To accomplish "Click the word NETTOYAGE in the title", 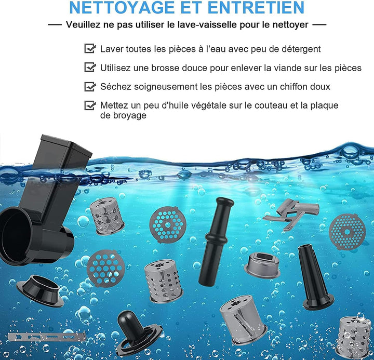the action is tap(123, 7).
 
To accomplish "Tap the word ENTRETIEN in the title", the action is tap(256, 7).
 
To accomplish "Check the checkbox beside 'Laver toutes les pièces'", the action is tap(90, 48).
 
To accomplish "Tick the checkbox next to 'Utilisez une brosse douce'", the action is tap(90, 67).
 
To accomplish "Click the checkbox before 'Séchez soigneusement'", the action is tap(90, 86).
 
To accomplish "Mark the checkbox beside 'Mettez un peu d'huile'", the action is tap(90, 105).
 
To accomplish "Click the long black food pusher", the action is tap(216, 242).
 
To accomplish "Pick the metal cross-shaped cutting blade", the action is tap(292, 214).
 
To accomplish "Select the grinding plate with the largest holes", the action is tap(105, 268).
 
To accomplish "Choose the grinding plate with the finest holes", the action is tap(347, 232).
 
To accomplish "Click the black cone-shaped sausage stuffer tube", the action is tap(314, 277).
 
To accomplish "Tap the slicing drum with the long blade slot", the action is tap(243, 319).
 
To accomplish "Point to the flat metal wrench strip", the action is tap(46, 337).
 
